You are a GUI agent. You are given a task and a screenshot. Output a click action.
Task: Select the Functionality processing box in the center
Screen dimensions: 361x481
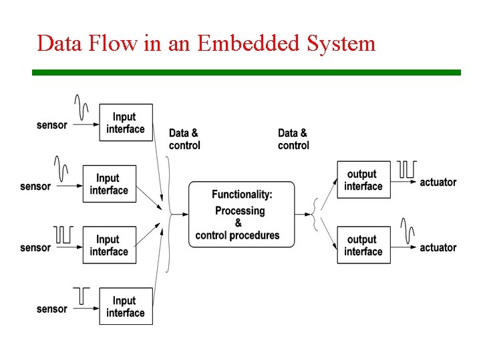coord(241,214)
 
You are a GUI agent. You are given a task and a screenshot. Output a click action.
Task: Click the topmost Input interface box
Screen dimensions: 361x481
coord(126,122)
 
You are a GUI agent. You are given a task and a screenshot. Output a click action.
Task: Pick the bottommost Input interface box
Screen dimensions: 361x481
coord(126,306)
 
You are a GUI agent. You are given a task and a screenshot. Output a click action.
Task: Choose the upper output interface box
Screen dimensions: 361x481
coord(363,180)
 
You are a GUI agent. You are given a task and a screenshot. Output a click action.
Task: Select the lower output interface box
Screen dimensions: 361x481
coord(363,245)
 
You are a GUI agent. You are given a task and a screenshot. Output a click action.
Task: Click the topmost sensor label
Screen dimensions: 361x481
coord(51,125)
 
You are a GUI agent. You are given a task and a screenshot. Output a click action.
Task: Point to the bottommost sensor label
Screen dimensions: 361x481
coord(51,309)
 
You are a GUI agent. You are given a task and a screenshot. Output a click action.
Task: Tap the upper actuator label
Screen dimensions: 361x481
coord(438,182)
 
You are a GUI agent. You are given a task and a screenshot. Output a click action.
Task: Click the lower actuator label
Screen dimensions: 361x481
coord(438,247)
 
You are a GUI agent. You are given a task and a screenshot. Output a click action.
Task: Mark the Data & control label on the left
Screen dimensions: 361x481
coord(184,139)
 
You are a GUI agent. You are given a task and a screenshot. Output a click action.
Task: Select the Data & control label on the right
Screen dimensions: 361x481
coord(293,139)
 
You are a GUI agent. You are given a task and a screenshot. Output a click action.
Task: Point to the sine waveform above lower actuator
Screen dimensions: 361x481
coord(408,229)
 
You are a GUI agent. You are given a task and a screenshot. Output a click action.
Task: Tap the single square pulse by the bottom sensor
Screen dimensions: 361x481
coord(82,295)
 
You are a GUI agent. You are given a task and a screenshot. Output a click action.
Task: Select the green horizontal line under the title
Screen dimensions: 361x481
coord(247,72)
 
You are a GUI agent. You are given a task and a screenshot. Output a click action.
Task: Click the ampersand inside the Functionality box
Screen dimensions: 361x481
coord(238,223)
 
